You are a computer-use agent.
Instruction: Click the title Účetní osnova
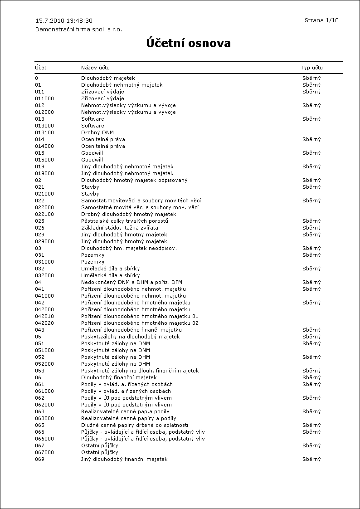[188, 44]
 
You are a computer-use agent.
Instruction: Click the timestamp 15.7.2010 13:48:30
[64, 21]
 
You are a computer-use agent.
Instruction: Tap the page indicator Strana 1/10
[321, 20]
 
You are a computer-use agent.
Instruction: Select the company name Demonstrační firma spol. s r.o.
[79, 29]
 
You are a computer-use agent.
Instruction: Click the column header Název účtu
[95, 68]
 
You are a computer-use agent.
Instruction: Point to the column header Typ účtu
[311, 68]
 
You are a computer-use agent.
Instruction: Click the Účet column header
[41, 68]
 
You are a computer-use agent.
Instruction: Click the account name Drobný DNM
[97, 132]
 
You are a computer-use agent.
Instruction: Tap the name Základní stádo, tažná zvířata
[120, 228]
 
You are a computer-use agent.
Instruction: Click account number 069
[40, 459]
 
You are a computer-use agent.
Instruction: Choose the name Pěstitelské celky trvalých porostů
[125, 221]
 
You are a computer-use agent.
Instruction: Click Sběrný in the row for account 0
[311, 78]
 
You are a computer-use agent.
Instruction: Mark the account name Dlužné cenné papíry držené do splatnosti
[135, 425]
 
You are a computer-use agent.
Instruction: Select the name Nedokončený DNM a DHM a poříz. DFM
[131, 282]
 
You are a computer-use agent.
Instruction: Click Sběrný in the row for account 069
[311, 459]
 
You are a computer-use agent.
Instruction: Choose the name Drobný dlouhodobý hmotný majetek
[128, 214]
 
